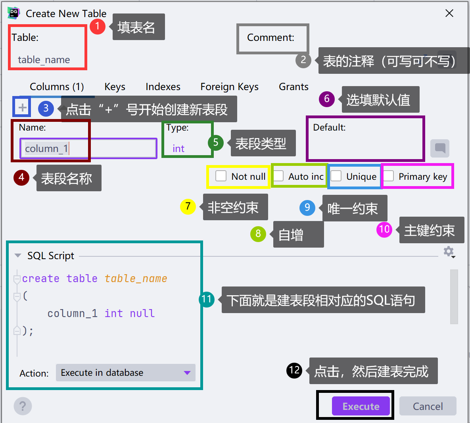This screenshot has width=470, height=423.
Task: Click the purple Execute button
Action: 361,406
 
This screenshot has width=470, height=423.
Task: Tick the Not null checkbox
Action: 221,176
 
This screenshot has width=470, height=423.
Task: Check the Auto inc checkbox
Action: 279,176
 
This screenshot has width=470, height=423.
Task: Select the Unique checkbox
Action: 336,176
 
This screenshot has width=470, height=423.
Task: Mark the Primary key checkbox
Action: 389,176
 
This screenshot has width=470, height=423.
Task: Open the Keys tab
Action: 115,87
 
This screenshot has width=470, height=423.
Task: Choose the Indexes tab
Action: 163,87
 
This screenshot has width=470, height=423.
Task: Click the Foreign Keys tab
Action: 229,87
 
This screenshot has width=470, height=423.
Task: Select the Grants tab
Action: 294,87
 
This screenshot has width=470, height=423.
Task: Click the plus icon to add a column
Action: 23,107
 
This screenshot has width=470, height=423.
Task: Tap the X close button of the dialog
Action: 449,13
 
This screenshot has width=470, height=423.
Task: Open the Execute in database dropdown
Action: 125,373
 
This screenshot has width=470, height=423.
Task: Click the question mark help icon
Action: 23,406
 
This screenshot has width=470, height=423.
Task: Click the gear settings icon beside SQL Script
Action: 448,251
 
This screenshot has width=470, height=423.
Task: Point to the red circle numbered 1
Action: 97,27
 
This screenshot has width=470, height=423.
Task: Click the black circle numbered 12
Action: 294,370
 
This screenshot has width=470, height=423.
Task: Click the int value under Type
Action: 178,148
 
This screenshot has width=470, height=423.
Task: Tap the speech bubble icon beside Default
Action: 440,148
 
